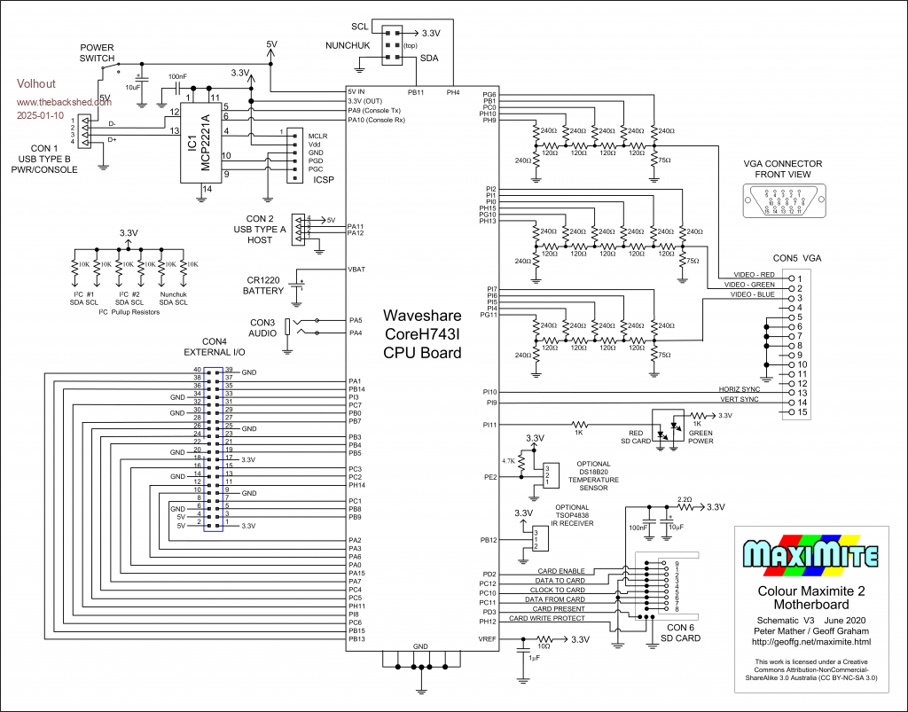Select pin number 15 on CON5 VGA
click(x=801, y=412)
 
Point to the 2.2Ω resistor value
click(x=685, y=499)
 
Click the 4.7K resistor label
click(x=509, y=461)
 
